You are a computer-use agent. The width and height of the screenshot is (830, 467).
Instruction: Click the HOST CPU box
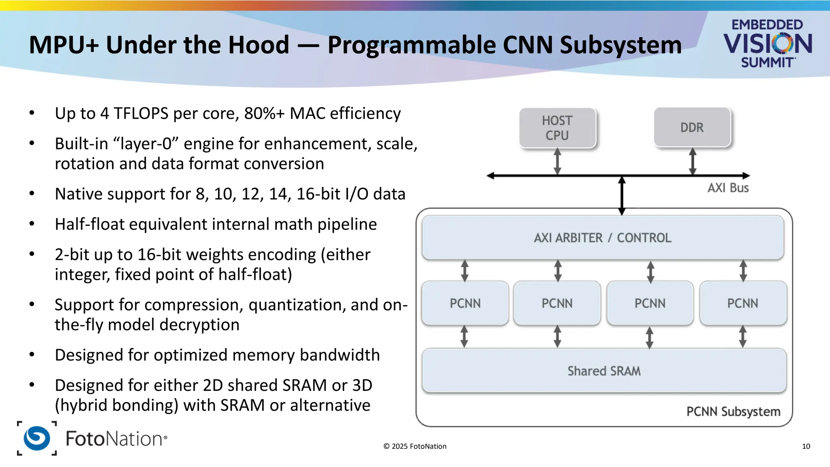(x=557, y=128)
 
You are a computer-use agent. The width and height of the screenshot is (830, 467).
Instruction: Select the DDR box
(x=692, y=127)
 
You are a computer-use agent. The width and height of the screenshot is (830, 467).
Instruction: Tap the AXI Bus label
(x=728, y=188)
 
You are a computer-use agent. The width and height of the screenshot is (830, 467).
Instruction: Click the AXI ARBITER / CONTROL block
(x=602, y=238)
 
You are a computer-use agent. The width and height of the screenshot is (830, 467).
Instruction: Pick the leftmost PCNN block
(x=465, y=303)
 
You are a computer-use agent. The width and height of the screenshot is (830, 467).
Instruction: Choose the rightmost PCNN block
(x=742, y=303)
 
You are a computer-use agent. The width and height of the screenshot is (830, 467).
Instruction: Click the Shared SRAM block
(x=604, y=371)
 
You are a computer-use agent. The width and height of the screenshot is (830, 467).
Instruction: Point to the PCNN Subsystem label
(x=733, y=412)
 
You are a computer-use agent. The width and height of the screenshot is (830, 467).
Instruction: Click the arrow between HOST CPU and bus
(x=558, y=161)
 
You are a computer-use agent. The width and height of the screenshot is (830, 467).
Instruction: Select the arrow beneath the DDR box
(x=693, y=161)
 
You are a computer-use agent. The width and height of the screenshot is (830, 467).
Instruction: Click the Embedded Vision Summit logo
(x=767, y=43)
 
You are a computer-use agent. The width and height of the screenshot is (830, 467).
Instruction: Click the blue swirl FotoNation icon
(x=37, y=438)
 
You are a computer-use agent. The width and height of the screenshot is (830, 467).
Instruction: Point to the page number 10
(x=806, y=446)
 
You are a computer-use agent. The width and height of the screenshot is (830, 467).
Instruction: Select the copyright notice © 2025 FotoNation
(x=415, y=446)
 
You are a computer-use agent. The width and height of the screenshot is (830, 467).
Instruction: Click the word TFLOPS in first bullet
(x=141, y=114)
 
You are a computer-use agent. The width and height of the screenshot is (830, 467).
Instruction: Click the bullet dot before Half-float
(x=32, y=224)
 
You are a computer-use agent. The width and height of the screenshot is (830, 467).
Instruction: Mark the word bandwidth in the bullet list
(x=340, y=355)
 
